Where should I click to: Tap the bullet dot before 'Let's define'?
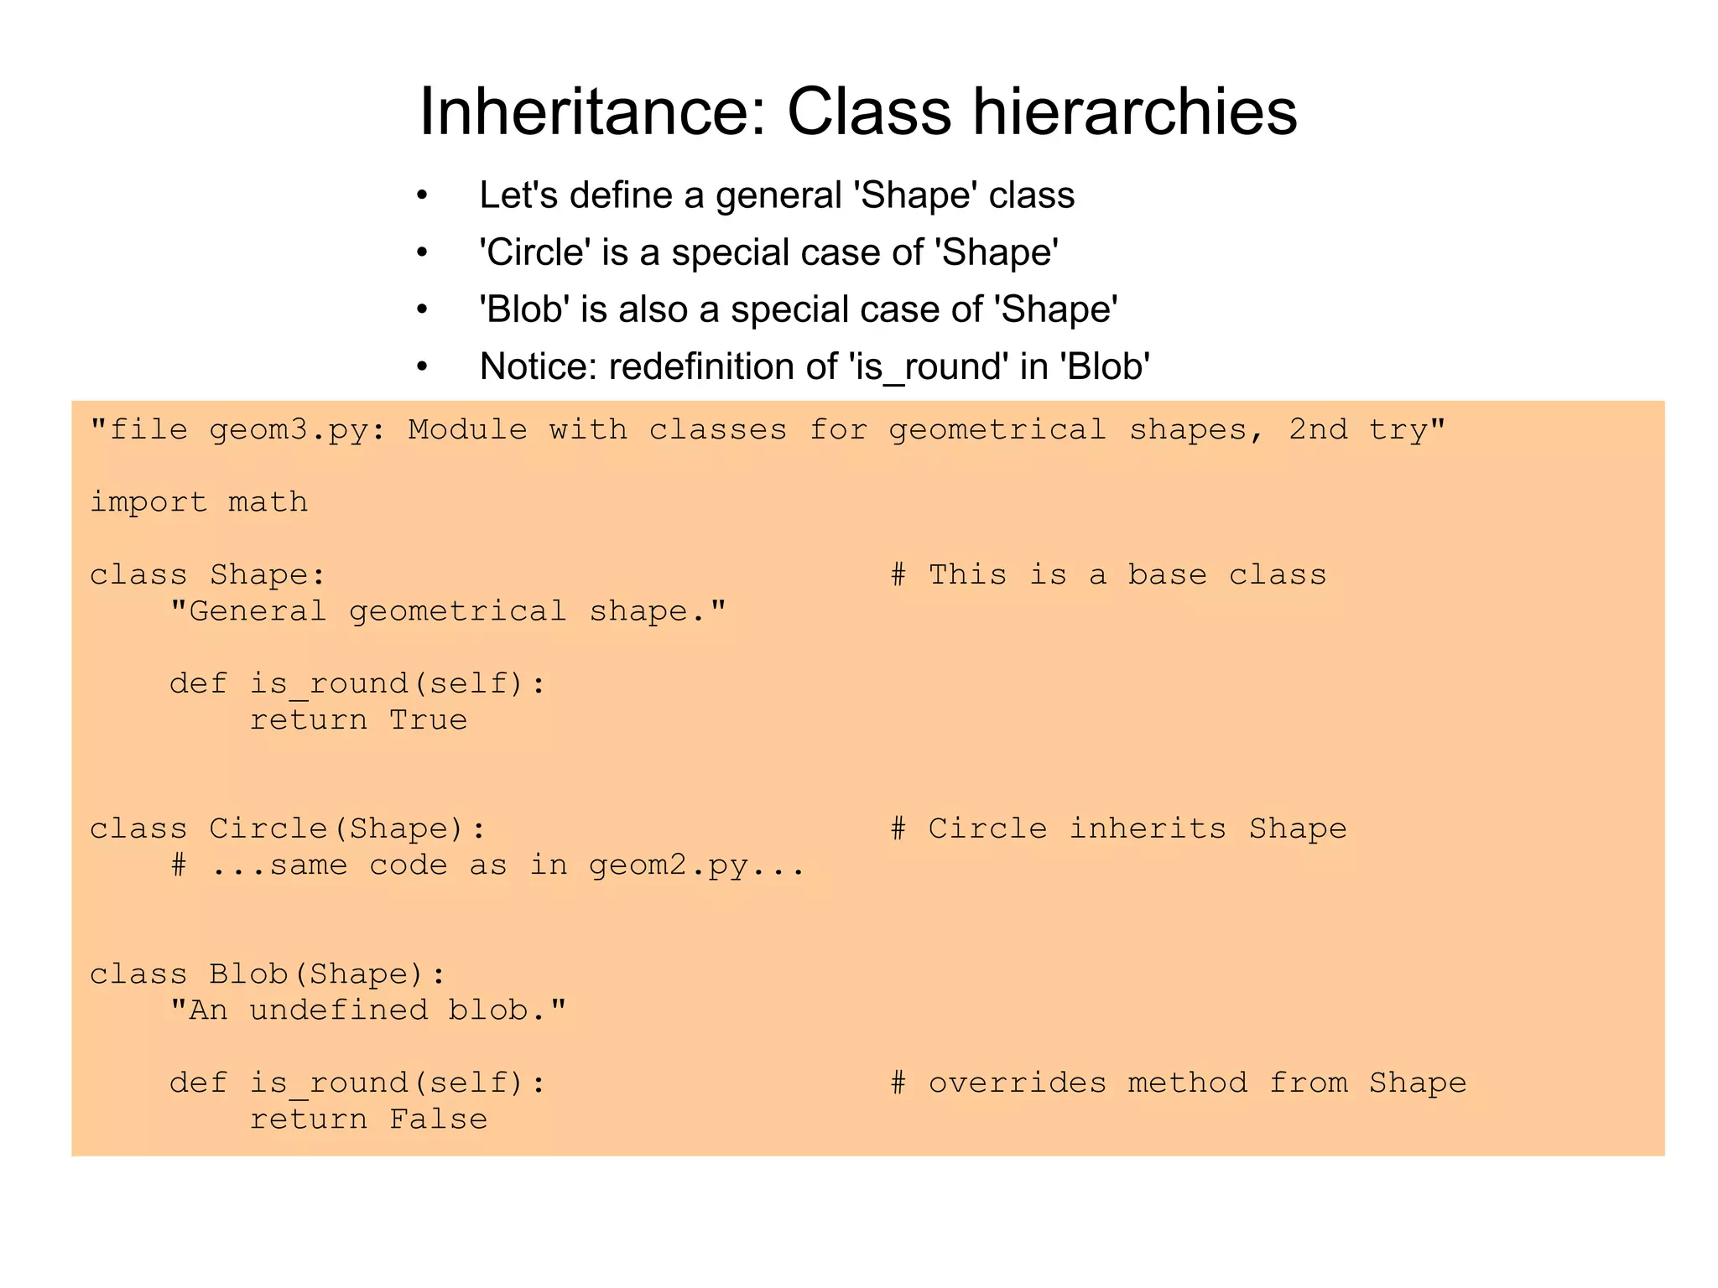click(x=422, y=196)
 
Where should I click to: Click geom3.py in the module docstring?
click(x=297, y=430)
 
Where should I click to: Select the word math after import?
click(x=268, y=502)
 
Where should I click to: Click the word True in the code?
click(x=428, y=720)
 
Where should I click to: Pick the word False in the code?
click(x=438, y=1119)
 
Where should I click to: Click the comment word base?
click(x=1167, y=575)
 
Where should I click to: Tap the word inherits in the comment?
click(x=1147, y=829)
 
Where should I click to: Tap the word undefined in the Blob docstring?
click(x=338, y=1010)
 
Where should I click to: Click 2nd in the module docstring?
click(x=1318, y=430)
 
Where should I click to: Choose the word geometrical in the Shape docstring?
click(x=458, y=611)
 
